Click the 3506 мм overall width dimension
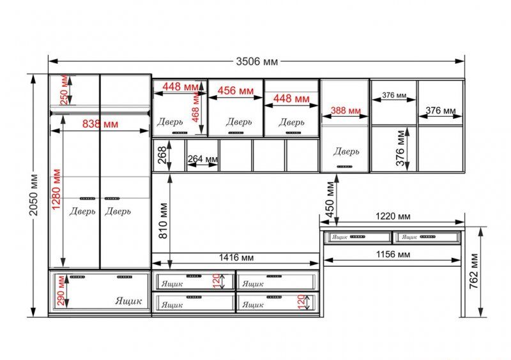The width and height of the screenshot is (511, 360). [257, 61]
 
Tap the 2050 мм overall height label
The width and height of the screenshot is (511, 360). [33, 195]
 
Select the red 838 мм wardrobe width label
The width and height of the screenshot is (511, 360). [100, 124]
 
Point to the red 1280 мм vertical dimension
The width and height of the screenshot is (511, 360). [56, 190]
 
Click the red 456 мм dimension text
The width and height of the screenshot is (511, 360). [235, 91]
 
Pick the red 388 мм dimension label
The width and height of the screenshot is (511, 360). [346, 111]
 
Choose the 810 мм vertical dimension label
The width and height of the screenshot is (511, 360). [164, 221]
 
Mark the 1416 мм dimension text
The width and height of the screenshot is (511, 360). [236, 258]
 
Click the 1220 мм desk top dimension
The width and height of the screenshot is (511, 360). [393, 216]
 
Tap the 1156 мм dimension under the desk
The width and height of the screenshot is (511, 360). [393, 254]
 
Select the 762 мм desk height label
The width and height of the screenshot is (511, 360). [473, 271]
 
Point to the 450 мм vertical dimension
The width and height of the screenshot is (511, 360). [330, 199]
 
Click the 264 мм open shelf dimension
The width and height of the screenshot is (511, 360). [202, 159]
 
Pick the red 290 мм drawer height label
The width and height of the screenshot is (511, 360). [61, 290]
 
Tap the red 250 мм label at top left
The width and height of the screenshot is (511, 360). [65, 89]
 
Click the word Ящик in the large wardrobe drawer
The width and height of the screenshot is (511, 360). [128, 301]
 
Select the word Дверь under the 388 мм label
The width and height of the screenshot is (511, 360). [346, 151]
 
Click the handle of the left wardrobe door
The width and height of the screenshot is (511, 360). [88, 199]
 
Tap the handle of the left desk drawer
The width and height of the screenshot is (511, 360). [358, 237]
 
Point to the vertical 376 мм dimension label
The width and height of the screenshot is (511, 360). [400, 148]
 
